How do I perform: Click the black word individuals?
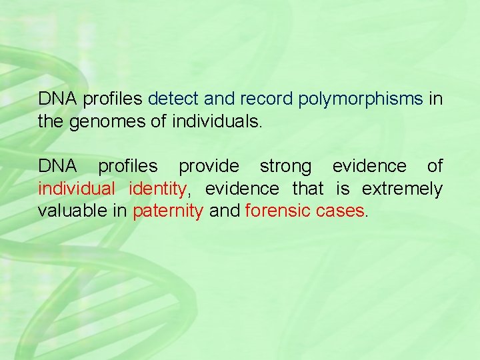[x=218, y=122]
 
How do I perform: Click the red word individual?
[x=76, y=189]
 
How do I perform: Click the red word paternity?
[x=168, y=212]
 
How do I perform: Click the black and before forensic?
[x=224, y=211]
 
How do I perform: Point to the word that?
[x=307, y=189]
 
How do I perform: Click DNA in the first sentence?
[x=58, y=99]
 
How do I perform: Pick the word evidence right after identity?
[x=242, y=189]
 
